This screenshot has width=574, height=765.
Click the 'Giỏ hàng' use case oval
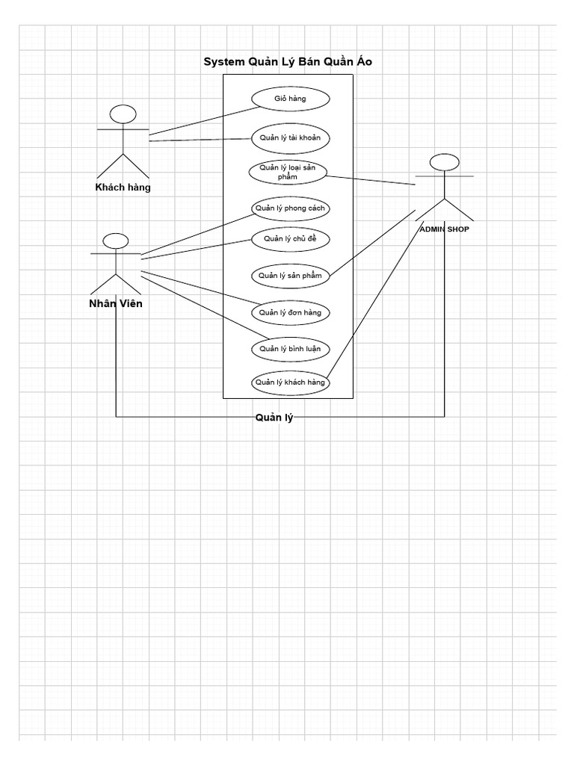pos(289,98)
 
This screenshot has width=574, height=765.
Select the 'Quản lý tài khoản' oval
pos(289,137)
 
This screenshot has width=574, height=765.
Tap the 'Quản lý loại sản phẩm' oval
pos(288,172)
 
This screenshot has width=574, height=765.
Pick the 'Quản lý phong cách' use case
pos(289,208)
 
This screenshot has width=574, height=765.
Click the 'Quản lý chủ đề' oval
pos(289,239)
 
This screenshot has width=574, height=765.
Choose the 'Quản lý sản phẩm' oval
pos(289,275)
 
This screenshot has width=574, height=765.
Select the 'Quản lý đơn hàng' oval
pos(289,312)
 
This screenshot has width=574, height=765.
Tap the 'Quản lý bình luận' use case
pos(289,348)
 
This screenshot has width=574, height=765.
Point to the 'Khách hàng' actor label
pos(123,188)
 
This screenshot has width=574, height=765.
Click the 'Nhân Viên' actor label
pos(115,303)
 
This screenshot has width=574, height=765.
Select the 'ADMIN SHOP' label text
pos(444,229)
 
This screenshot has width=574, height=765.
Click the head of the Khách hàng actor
pos(123,114)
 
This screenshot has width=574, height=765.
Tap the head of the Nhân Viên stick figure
pos(115,241)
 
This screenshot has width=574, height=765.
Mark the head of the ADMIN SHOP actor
pos(444,162)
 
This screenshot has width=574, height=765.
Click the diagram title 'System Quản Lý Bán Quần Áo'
pos(288,62)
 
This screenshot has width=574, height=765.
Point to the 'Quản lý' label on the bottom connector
pos(274,418)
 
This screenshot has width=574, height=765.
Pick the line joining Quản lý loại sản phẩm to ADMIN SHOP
pos(371,179)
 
